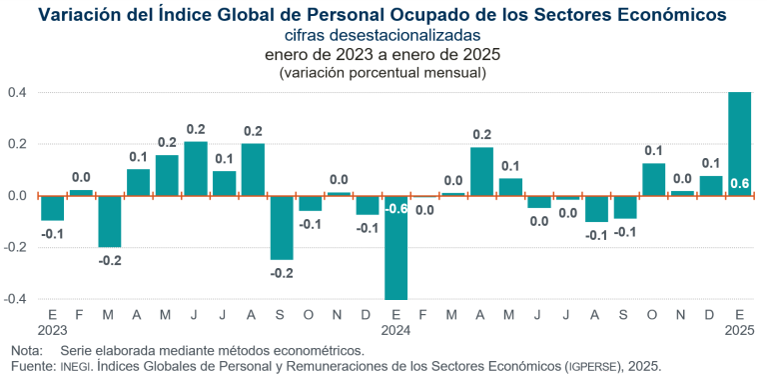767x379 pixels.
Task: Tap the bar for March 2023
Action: click(110, 221)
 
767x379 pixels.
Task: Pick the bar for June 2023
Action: click(196, 169)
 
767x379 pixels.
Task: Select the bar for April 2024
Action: click(481, 171)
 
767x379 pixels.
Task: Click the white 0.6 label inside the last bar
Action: click(740, 183)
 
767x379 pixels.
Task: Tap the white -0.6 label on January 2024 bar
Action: click(395, 209)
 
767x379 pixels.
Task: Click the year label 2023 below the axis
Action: click(52, 330)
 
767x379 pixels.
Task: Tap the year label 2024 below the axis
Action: click(396, 330)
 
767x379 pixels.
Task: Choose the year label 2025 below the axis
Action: click(740, 330)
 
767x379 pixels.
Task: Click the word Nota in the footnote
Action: click(27, 351)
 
